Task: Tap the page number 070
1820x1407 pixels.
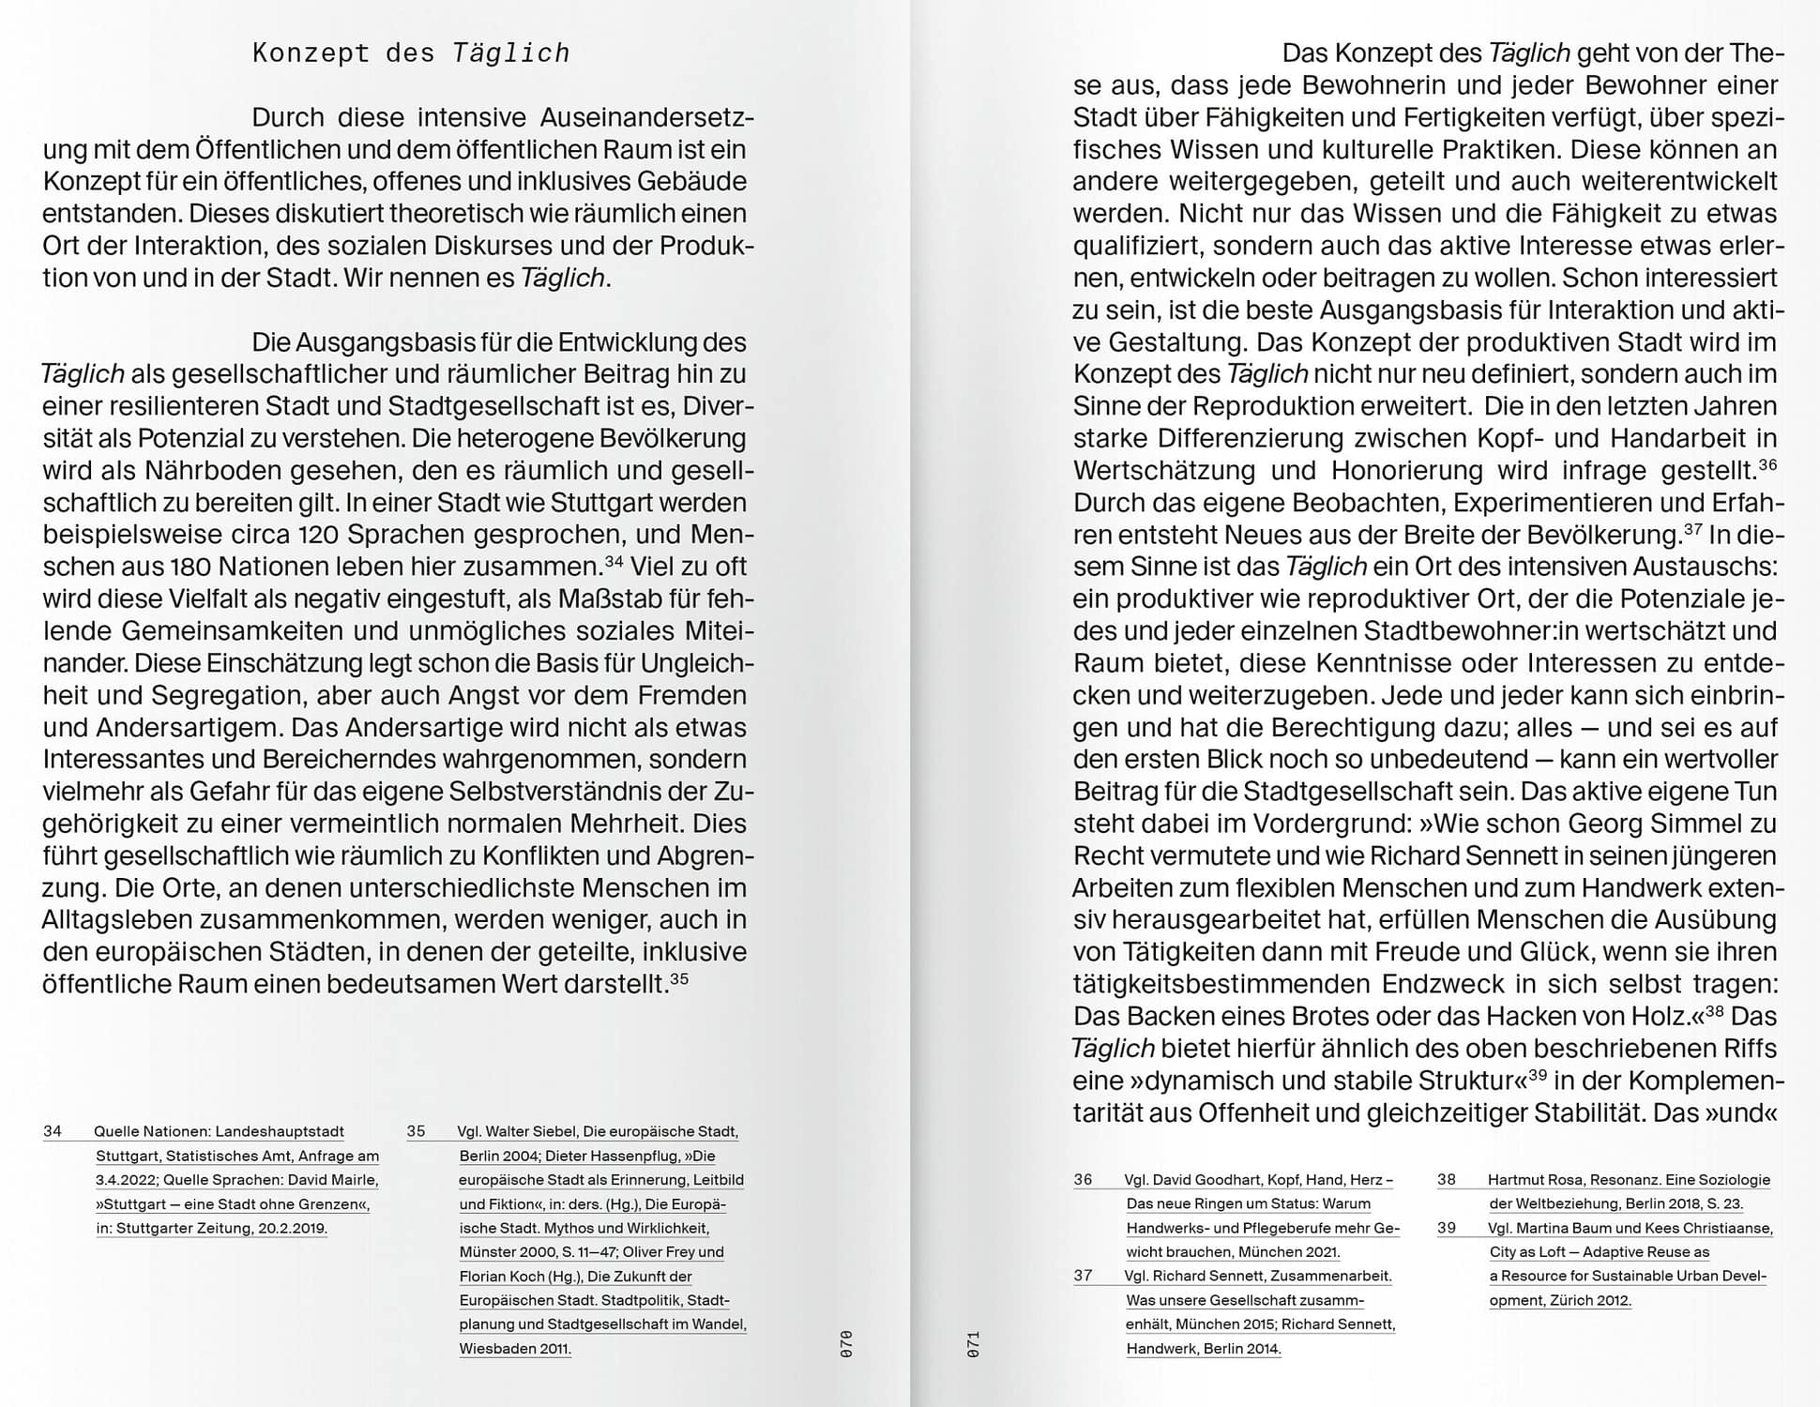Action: (846, 1344)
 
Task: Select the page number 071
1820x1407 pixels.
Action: (973, 1344)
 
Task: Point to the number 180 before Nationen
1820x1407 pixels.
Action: (196, 567)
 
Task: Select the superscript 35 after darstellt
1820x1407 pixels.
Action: (680, 978)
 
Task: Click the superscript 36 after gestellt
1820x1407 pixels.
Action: (1767, 464)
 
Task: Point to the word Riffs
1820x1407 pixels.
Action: (1742, 1049)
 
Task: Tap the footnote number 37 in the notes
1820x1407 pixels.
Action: (1084, 1276)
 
